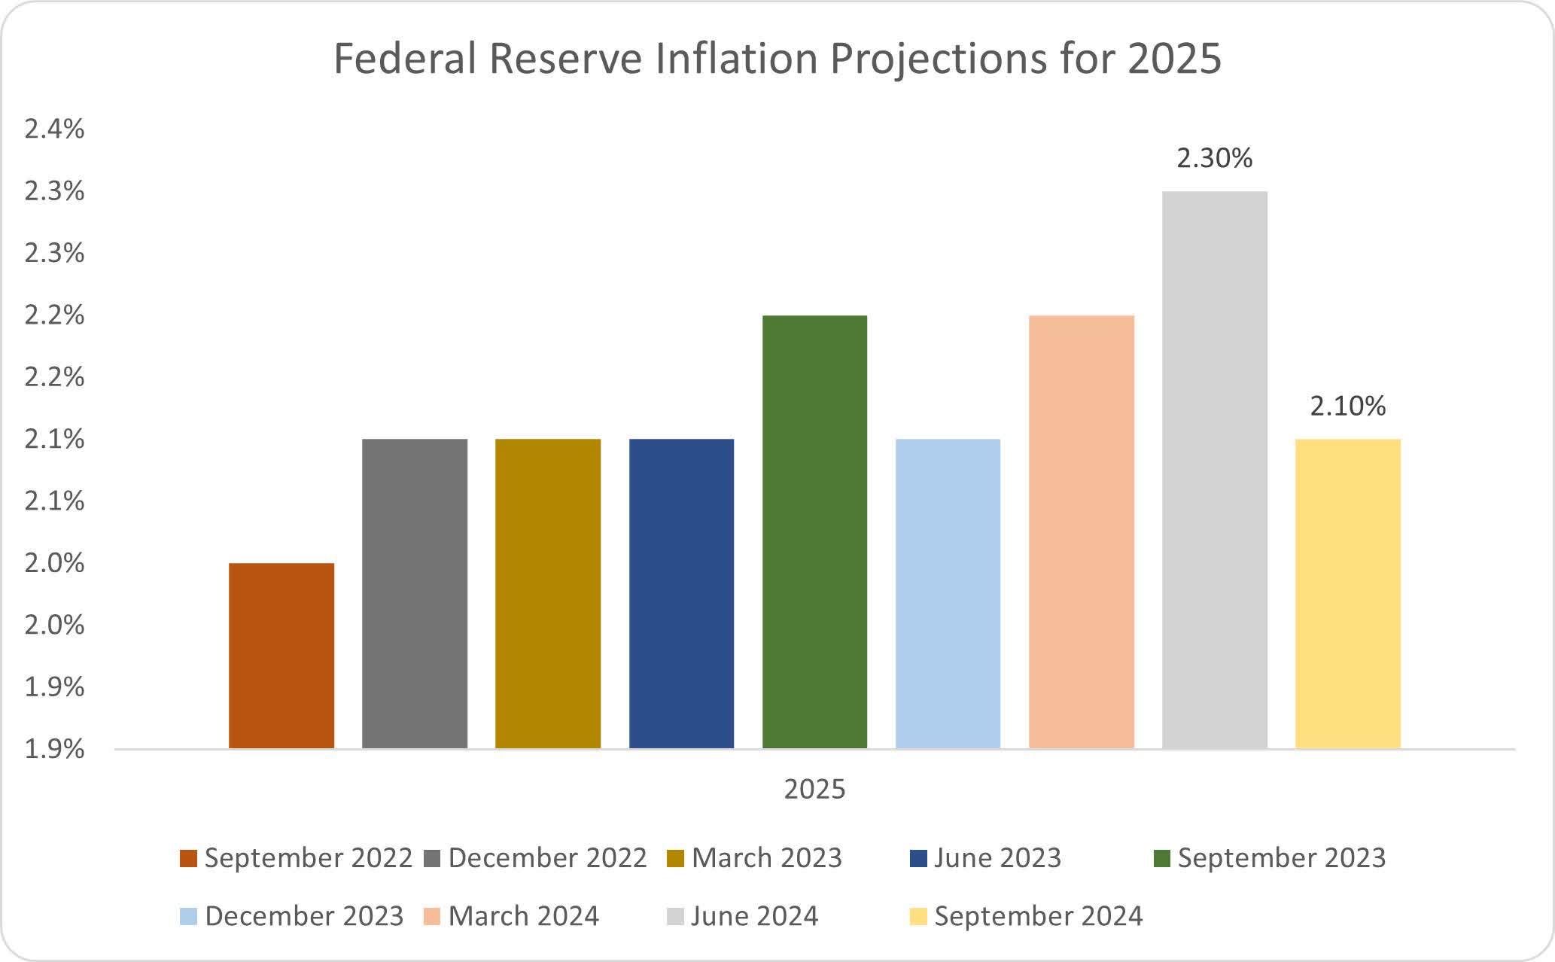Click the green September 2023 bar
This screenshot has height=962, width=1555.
point(814,531)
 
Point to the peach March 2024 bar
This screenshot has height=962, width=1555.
point(1081,531)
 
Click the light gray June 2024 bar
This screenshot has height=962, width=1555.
point(1214,470)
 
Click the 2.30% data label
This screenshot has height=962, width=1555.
point(1214,158)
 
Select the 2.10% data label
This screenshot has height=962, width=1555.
point(1347,406)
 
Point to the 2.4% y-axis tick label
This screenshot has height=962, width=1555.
point(54,129)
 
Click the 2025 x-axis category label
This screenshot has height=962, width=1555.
point(814,789)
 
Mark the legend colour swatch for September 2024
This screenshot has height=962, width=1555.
point(918,917)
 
